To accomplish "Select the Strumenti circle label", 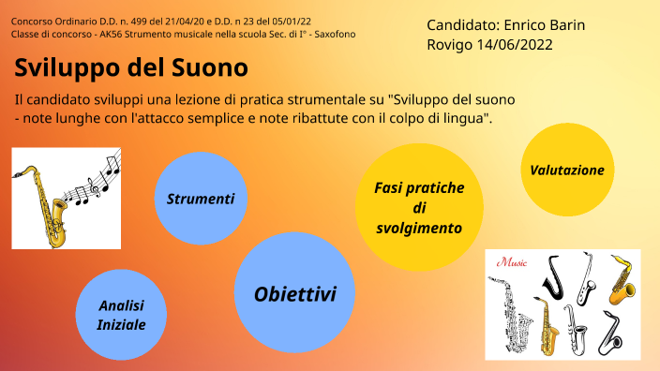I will point(200,199).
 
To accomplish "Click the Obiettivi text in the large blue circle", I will point(294,294).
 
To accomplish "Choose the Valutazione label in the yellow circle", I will point(566,170).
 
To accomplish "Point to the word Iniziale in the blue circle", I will point(122,325).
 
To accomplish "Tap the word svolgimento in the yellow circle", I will point(419,228).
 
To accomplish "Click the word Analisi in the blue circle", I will point(122,305).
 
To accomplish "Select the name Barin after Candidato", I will point(564,24).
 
